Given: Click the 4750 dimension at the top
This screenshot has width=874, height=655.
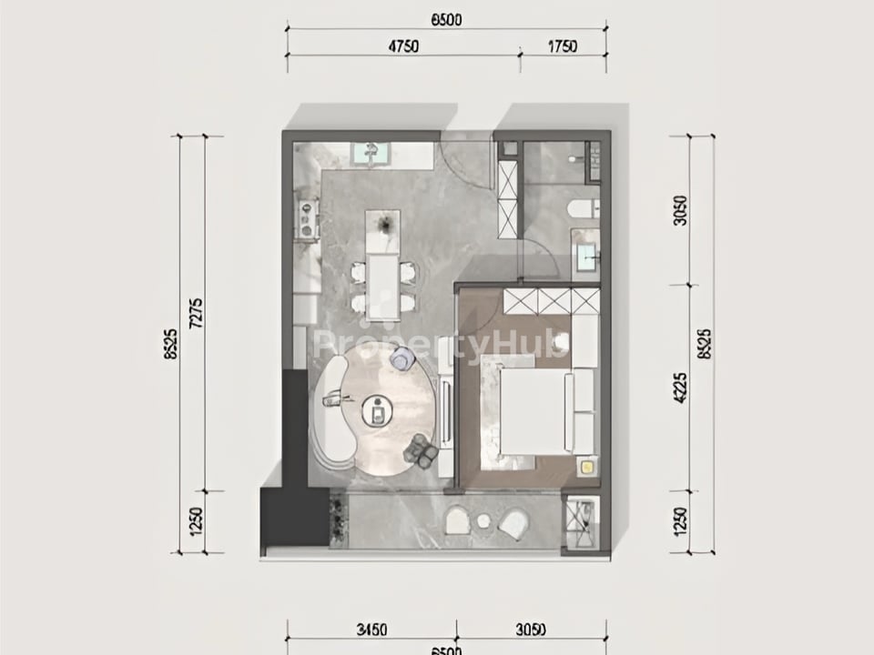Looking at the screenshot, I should click(x=401, y=47).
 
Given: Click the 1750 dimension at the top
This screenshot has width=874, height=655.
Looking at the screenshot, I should click(x=563, y=47).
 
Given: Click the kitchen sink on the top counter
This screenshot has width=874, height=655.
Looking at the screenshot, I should click(x=371, y=152).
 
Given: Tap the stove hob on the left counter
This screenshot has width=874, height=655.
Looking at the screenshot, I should click(x=307, y=218).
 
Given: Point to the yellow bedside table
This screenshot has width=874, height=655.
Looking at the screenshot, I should click(x=587, y=468).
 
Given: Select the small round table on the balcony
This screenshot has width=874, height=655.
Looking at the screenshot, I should click(x=483, y=521).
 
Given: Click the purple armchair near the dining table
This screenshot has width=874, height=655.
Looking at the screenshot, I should click(x=401, y=360).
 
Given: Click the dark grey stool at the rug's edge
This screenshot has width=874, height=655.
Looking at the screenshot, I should click(x=421, y=449).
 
